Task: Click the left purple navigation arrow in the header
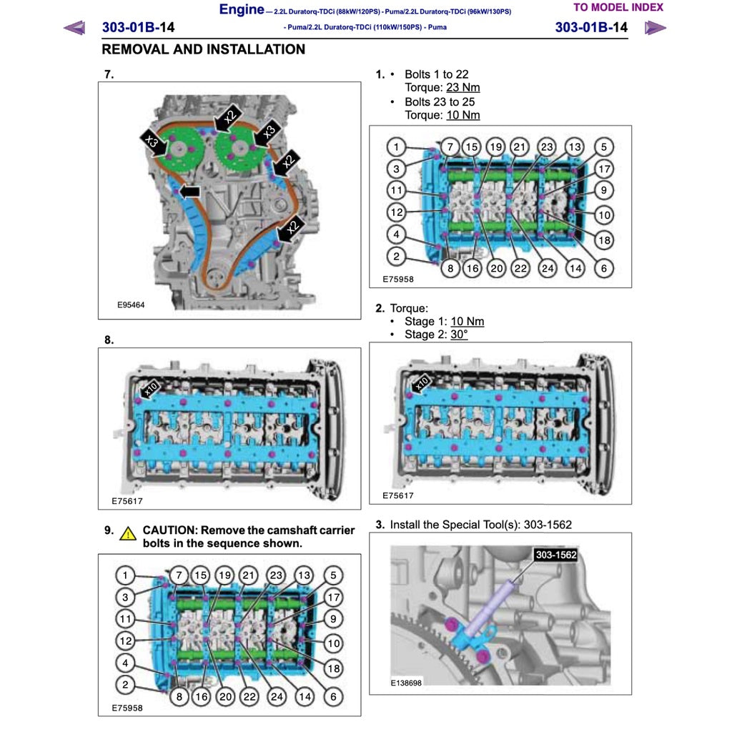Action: [x=74, y=28]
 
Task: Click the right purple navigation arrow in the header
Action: [x=655, y=28]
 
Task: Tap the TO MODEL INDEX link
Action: [x=618, y=8]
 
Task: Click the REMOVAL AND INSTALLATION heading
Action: [x=203, y=49]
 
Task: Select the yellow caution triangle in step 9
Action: [x=128, y=533]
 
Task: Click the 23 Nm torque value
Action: [x=463, y=87]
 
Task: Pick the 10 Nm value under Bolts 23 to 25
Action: [x=463, y=115]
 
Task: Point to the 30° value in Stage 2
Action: [x=459, y=335]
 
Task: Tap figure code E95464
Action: [x=131, y=305]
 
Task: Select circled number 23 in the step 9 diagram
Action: [x=276, y=575]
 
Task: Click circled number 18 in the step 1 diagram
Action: [x=604, y=240]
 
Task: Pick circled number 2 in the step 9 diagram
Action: [x=125, y=685]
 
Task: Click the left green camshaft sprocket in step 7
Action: [x=178, y=150]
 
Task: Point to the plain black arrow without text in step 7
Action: [x=189, y=192]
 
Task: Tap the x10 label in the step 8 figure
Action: [x=150, y=389]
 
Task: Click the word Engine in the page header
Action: [x=241, y=9]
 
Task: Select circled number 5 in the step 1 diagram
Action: [x=603, y=147]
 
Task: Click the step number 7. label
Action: [x=109, y=74]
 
